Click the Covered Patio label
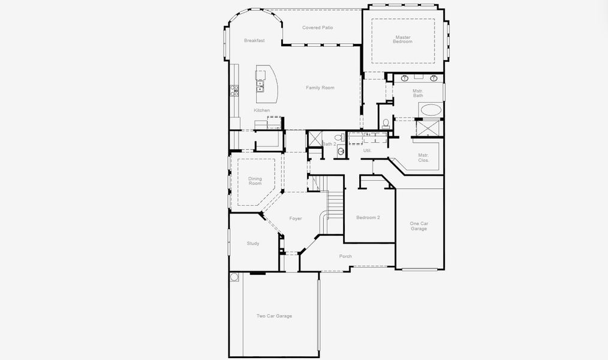pyautogui.click(x=317, y=28)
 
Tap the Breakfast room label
pyautogui.click(x=254, y=40)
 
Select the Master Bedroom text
pyautogui.click(x=403, y=39)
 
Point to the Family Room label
pyautogui.click(x=320, y=88)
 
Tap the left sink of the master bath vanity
pyautogui.click(x=405, y=78)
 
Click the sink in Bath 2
pyautogui.click(x=341, y=151)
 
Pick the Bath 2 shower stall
pyautogui.click(x=315, y=139)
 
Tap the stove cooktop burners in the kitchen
pyautogui.click(x=234, y=91)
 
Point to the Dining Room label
pyautogui.click(x=255, y=181)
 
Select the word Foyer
pyautogui.click(x=296, y=218)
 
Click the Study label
pyautogui.click(x=253, y=243)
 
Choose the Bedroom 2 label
pyautogui.click(x=368, y=217)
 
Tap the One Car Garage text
pyautogui.click(x=419, y=226)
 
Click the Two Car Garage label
pyautogui.click(x=274, y=316)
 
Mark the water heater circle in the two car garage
pyautogui.click(x=234, y=277)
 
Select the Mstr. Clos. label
pyautogui.click(x=423, y=158)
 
